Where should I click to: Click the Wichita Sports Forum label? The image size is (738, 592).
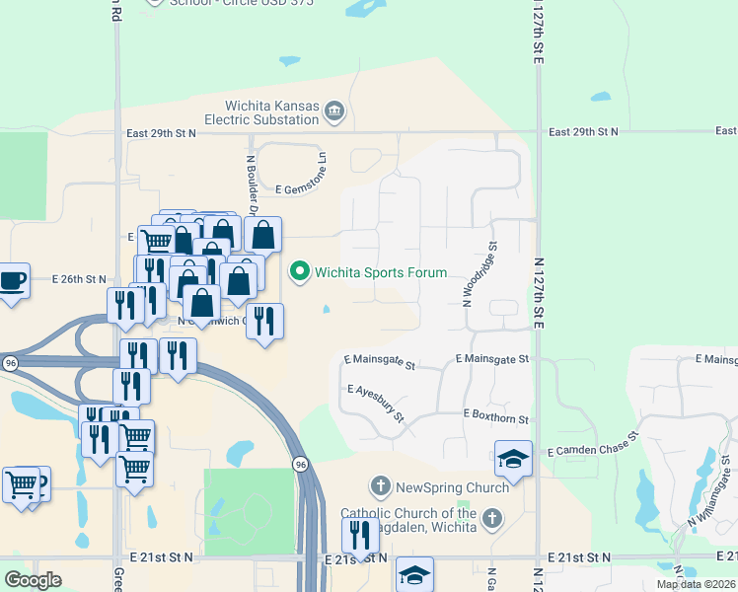tap(380, 272)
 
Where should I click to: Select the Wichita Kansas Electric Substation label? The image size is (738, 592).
tap(261, 112)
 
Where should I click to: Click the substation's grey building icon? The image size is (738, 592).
tap(334, 112)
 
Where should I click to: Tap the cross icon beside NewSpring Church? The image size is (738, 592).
tap(381, 486)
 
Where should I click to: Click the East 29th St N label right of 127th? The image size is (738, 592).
tap(583, 131)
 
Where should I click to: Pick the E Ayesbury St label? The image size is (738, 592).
tap(377, 402)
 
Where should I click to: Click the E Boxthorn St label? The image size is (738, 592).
tap(496, 417)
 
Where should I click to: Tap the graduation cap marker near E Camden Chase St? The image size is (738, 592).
tap(513, 459)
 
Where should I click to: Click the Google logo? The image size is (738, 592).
tap(33, 580)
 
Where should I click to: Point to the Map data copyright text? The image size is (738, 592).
tap(696, 584)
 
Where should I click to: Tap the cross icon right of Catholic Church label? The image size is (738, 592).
tap(491, 519)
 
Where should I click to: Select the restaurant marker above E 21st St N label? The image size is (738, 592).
tap(360, 535)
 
